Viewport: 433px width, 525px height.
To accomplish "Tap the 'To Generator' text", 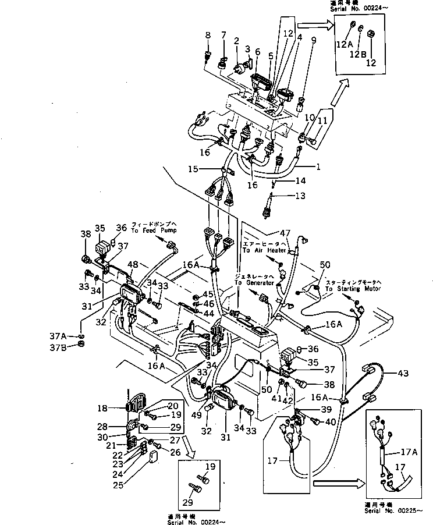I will pyautogui.click(x=254, y=282).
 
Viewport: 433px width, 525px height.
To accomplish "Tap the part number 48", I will pyautogui.click(x=133, y=265).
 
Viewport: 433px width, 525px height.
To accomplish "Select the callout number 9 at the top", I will pyautogui.click(x=314, y=41).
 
